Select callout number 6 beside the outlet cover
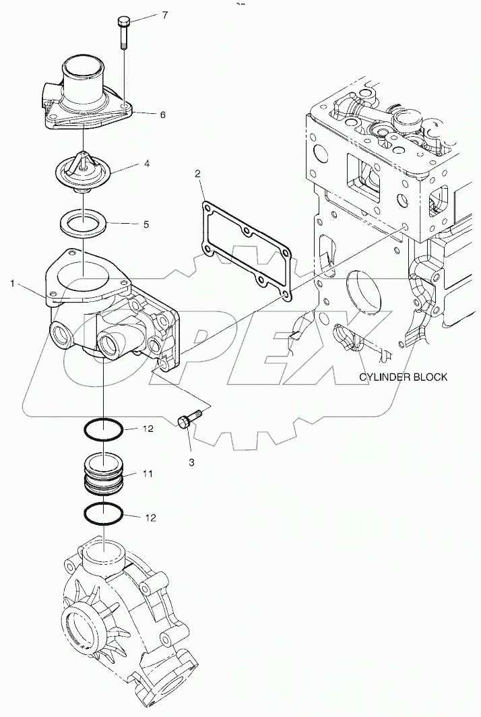162,115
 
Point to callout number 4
145,164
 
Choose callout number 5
146,224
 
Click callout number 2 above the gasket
197,175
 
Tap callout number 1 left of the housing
12,284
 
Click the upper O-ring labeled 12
103,428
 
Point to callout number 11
147,474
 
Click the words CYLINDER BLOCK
402,377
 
